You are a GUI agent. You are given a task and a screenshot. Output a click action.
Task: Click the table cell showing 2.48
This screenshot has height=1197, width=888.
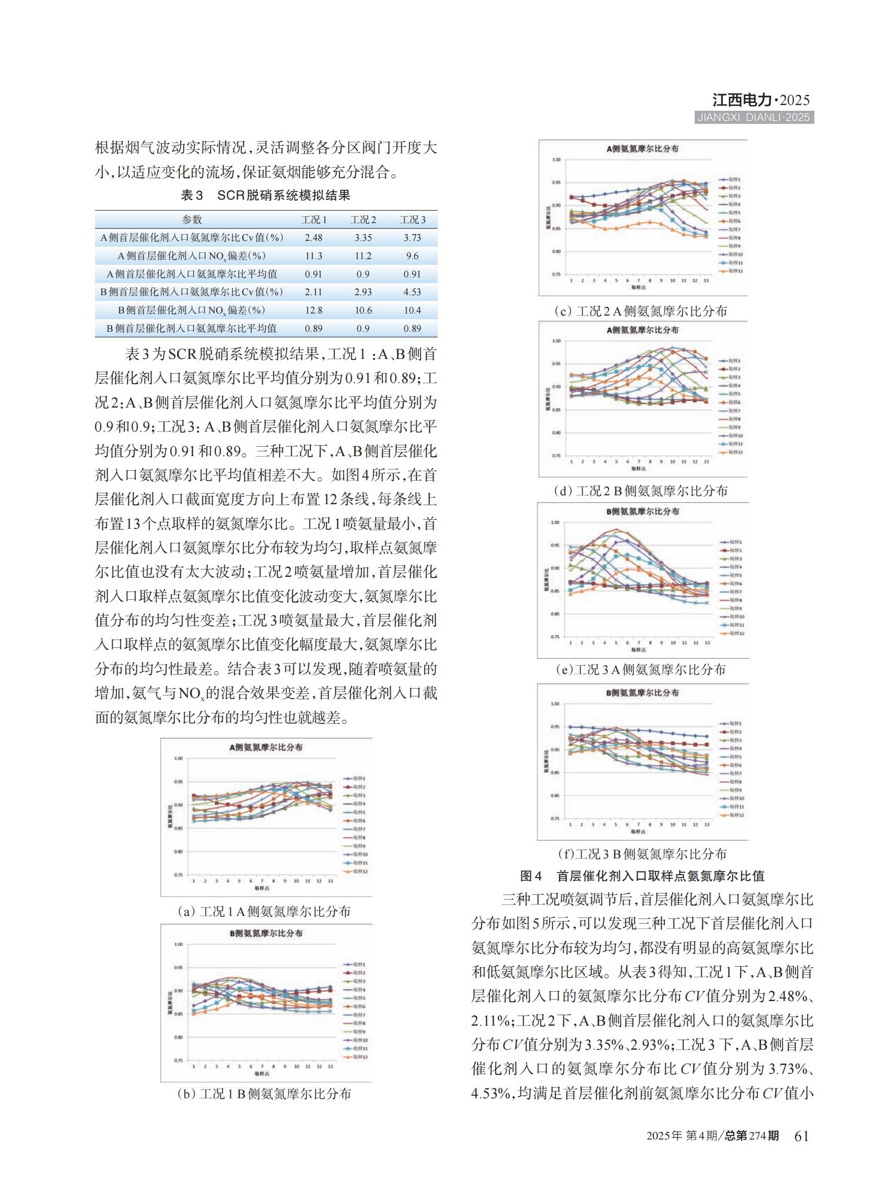313,238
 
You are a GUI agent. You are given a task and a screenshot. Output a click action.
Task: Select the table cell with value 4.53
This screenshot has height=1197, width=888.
412,292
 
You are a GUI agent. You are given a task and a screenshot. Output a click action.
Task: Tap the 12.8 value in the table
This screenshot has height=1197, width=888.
313,310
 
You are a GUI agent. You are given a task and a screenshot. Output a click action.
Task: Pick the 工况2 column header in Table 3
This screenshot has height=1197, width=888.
363,219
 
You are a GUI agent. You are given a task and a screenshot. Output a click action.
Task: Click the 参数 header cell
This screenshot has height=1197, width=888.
192,219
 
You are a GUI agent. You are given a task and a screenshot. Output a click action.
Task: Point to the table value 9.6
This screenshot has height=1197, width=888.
412,256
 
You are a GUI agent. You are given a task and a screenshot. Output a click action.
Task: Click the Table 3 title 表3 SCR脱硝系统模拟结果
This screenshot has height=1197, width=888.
265,195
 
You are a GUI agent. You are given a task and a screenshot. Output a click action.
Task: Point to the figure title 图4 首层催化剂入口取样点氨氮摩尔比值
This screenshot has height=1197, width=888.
642,876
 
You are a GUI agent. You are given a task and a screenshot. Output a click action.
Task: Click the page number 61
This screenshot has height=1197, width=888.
801,1136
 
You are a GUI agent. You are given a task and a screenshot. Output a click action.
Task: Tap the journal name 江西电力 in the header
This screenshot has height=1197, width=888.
742,100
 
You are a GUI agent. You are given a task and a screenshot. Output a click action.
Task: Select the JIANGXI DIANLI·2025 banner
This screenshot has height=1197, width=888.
754,118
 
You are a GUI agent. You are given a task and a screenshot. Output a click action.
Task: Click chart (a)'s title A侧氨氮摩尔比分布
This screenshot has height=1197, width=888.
265,747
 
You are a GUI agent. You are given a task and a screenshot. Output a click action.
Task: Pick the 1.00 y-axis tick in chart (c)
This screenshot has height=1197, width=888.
556,160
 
